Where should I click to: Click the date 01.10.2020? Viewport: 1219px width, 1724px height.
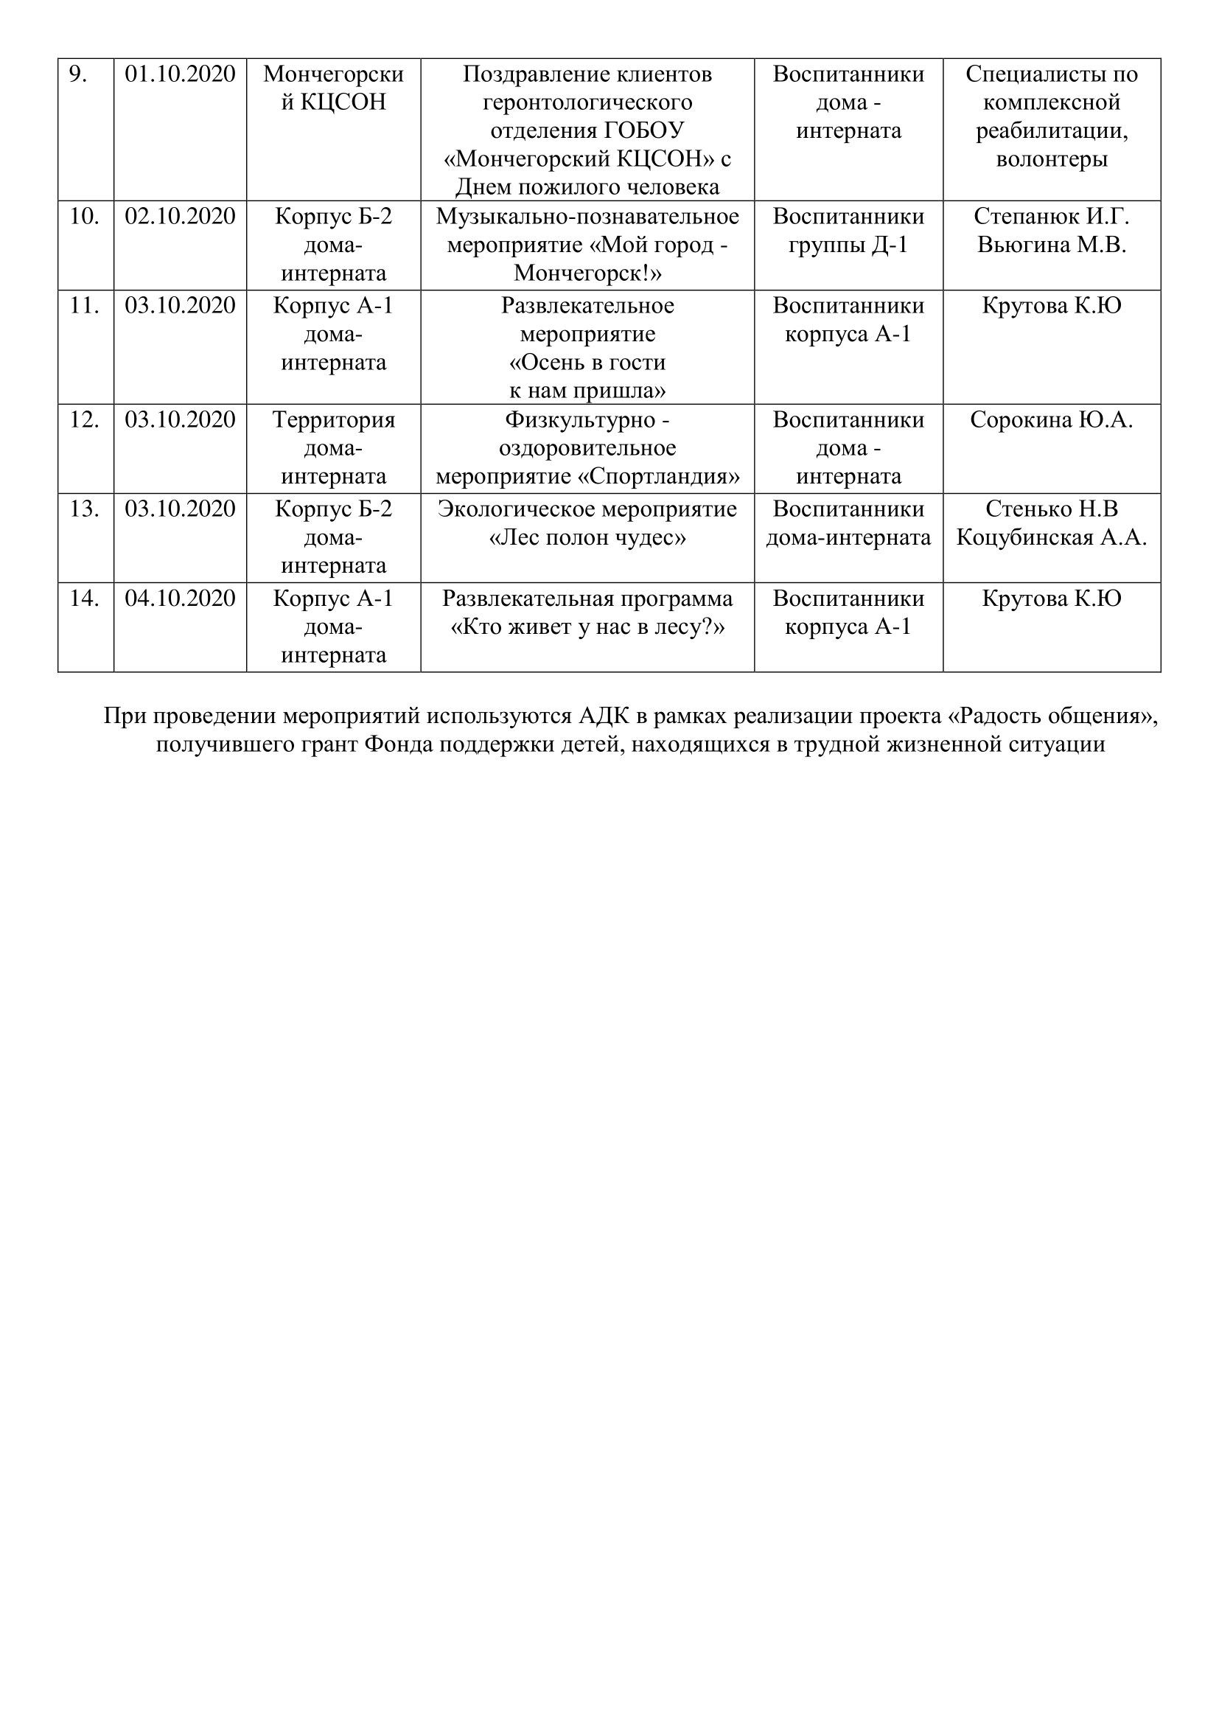[180, 74]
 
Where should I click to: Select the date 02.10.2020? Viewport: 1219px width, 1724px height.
[180, 216]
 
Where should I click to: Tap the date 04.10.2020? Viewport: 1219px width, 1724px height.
[180, 598]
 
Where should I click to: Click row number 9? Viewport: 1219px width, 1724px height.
[77, 74]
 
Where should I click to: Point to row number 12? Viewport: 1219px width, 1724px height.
[84, 419]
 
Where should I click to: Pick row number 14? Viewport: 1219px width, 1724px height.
[84, 598]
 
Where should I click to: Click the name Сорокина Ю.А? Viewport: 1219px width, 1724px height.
[1051, 419]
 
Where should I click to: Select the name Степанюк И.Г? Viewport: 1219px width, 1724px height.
[1051, 216]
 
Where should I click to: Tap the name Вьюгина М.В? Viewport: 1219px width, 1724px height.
[1051, 245]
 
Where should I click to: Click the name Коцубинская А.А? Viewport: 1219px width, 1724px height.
[1051, 537]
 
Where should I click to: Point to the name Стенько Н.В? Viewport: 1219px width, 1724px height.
[1051, 509]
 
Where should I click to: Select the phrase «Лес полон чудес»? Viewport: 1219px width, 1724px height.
[587, 537]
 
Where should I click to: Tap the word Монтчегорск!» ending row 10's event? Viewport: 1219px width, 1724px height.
[587, 273]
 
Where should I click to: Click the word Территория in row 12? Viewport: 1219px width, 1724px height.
[333, 419]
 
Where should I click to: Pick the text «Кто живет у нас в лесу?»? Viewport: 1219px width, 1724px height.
[587, 627]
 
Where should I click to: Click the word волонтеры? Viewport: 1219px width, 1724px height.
[1051, 159]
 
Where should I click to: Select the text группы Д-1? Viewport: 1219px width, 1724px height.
[848, 245]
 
